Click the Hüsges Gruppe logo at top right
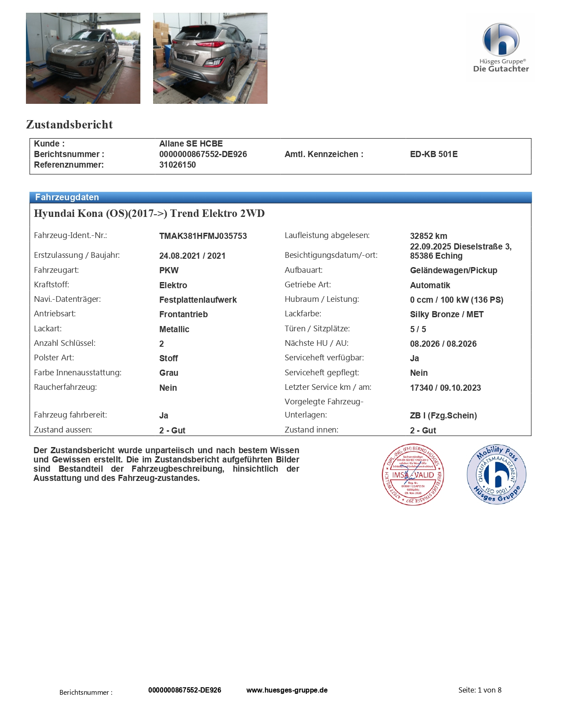point(500,47)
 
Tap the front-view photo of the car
point(83,58)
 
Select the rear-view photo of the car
point(210,58)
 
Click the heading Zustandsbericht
point(70,125)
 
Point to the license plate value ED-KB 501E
point(433,154)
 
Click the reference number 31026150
point(177,165)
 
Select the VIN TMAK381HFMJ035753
point(203,236)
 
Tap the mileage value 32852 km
point(428,236)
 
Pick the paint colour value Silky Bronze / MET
point(447,315)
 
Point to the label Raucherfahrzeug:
point(65,387)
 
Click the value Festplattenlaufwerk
point(198,300)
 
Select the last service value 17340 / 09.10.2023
point(445,388)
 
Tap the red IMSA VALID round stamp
point(413,475)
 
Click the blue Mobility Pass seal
point(496,474)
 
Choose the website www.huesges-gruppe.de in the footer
point(287,690)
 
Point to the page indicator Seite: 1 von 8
point(480,690)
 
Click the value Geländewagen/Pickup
point(453,271)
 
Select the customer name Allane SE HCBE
point(191,144)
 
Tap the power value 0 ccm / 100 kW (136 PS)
point(456,300)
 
